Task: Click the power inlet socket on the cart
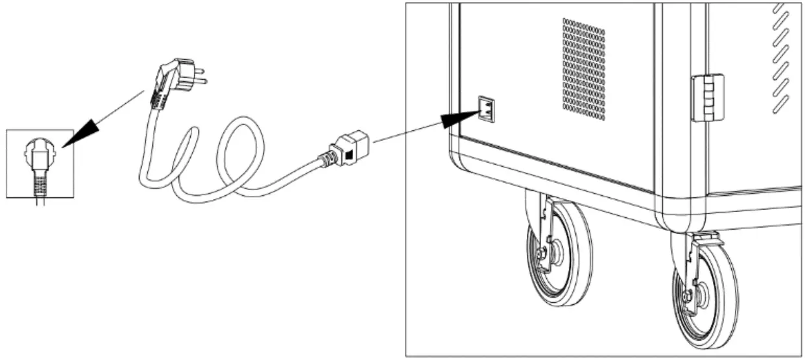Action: coord(487,109)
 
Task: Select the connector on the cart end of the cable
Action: coord(351,149)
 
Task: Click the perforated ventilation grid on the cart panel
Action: coord(583,69)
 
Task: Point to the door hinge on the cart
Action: coord(707,97)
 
